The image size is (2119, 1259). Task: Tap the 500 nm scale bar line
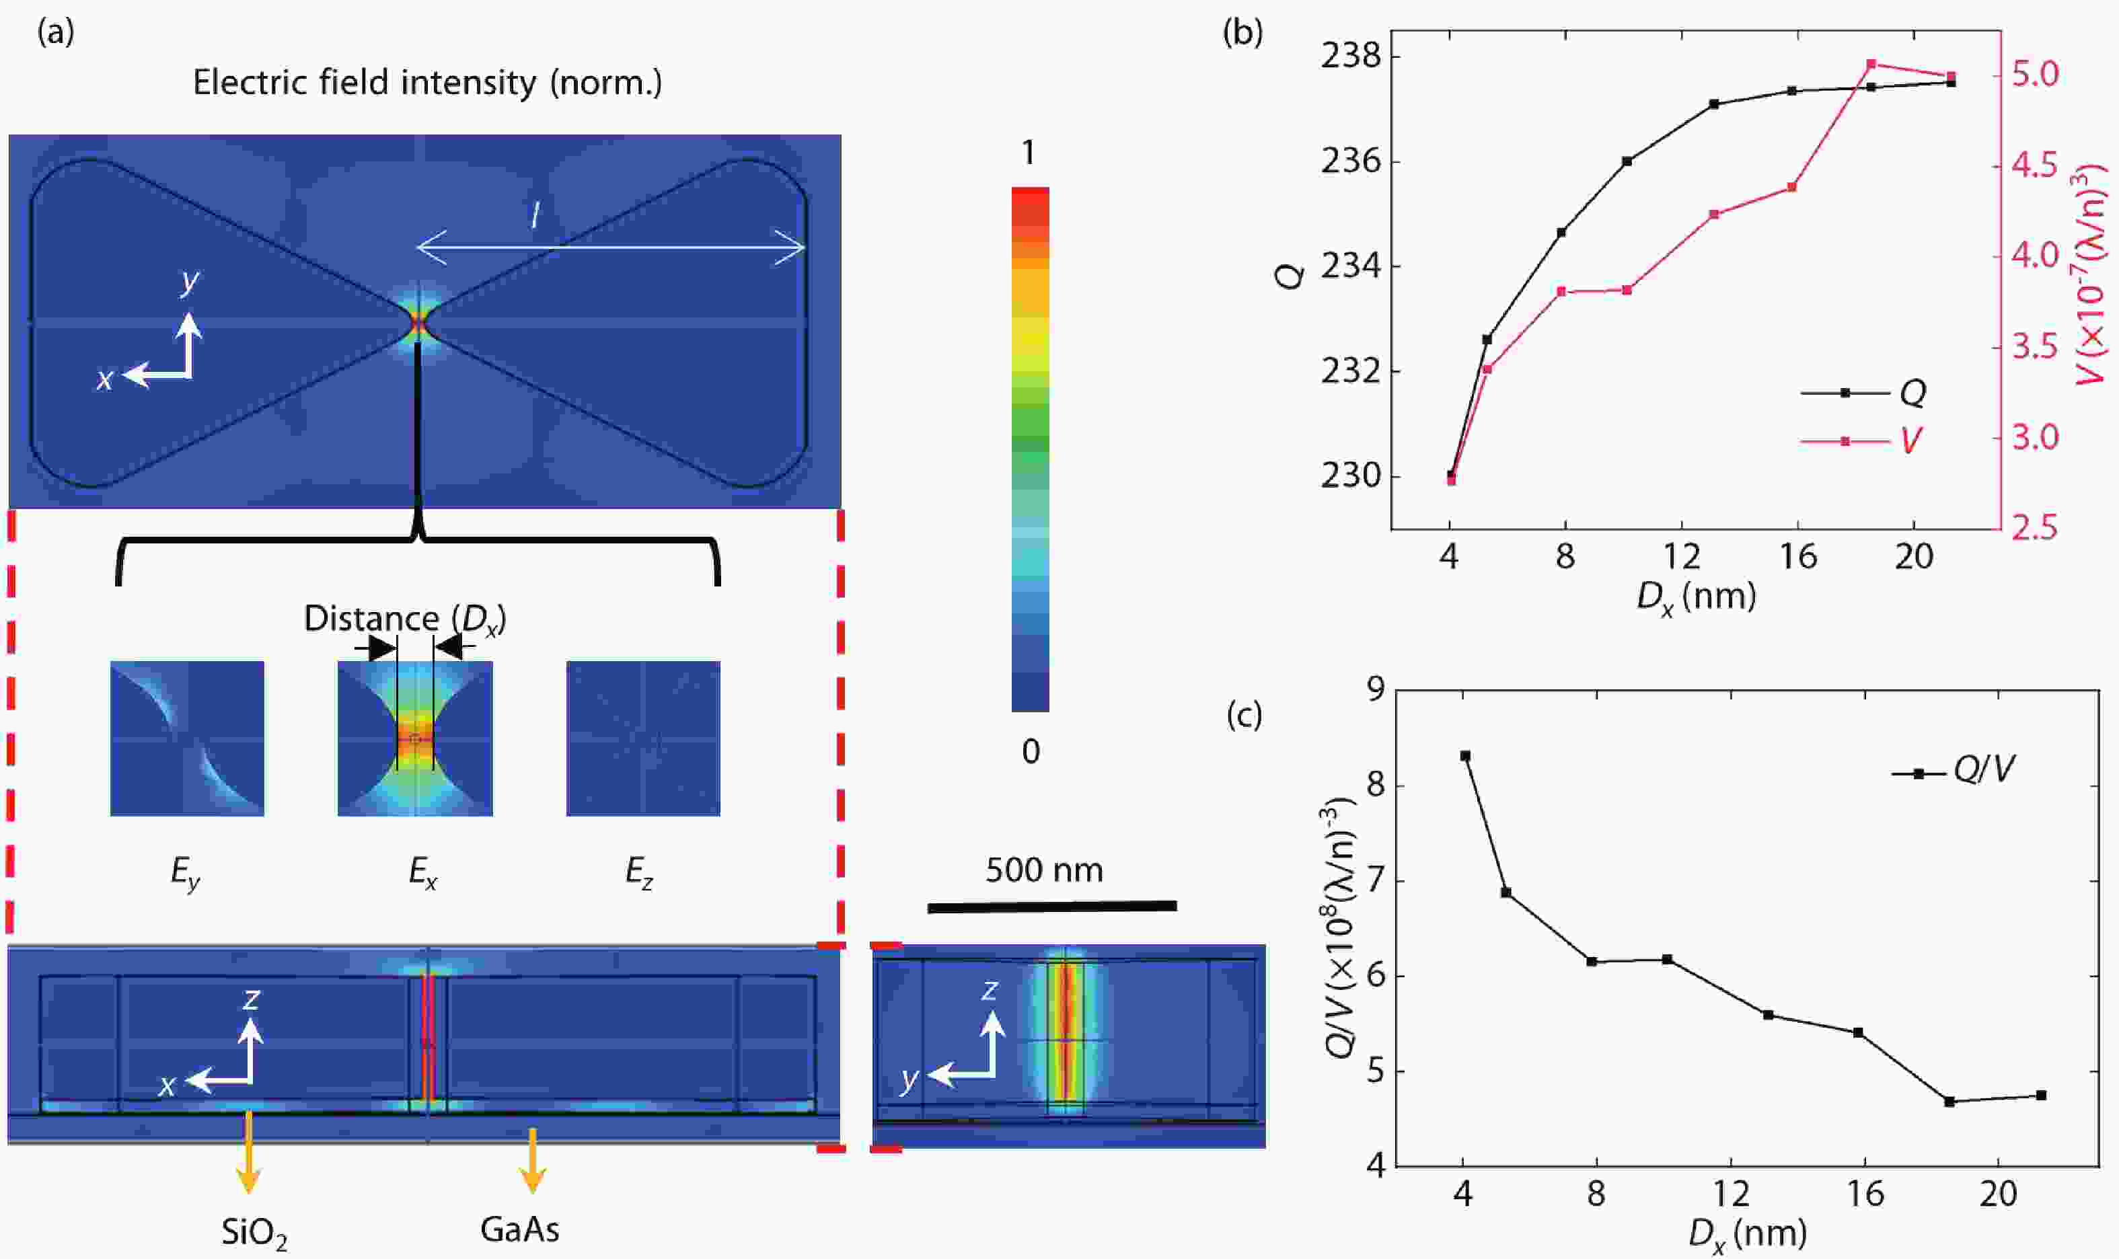[1052, 907]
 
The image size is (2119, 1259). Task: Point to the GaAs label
[519, 1229]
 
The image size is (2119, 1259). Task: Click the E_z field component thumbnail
[643, 738]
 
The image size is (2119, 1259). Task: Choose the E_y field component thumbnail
[187, 738]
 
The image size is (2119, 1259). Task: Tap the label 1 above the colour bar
[1029, 153]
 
